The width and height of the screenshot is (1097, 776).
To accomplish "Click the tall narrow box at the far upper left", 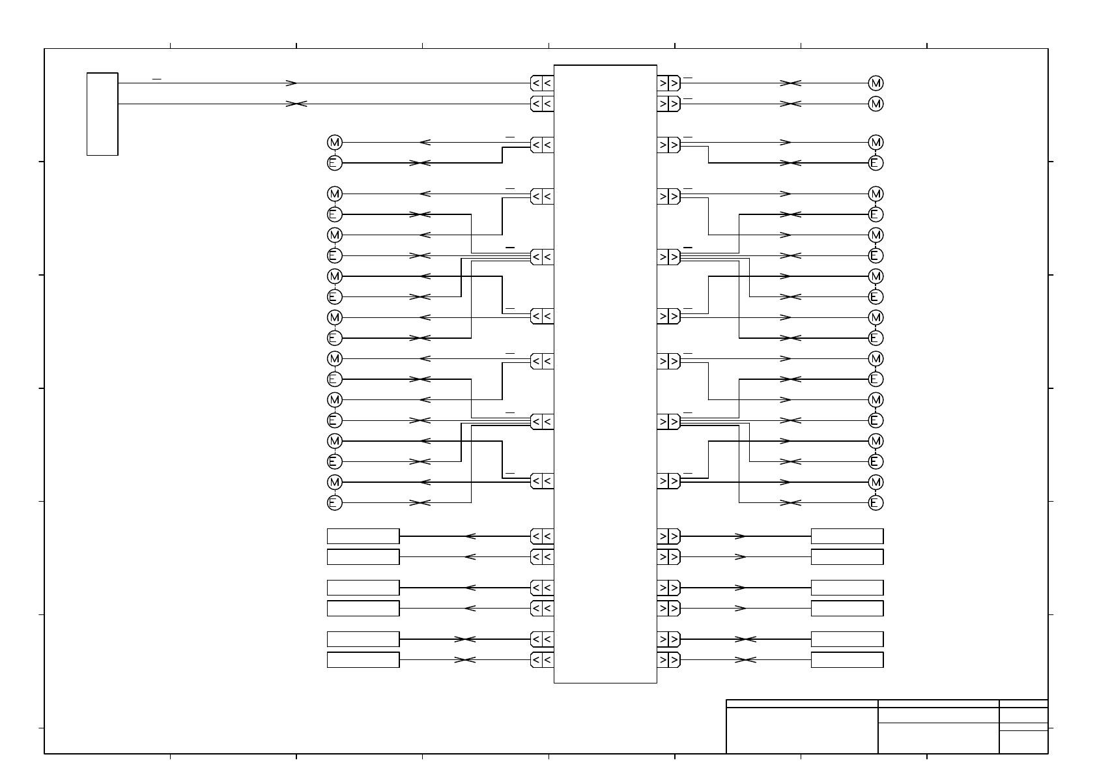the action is tap(102, 114).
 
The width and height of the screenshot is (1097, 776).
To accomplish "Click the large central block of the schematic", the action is tap(605, 373).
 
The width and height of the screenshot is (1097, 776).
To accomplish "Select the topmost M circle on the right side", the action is tap(876, 83).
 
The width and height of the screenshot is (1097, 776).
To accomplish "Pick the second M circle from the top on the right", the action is tap(876, 104).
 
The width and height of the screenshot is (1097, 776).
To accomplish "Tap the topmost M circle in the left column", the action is tap(334, 143).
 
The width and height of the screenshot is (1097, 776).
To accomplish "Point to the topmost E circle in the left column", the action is tap(334, 163).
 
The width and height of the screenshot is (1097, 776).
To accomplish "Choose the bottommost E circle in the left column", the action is tap(334, 503).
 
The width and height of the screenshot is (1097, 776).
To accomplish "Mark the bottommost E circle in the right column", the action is tap(876, 503).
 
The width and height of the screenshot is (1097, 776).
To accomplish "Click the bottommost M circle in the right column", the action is tap(876, 482).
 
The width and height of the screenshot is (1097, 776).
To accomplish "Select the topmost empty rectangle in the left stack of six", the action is tap(363, 536).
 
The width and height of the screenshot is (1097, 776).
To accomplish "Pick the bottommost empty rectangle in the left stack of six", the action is tap(363, 660).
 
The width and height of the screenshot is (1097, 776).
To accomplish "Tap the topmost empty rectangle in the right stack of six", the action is tap(847, 536).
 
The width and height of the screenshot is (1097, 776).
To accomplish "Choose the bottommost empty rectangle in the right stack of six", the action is tap(847, 660).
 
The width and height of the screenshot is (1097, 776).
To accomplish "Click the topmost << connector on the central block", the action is tap(542, 83).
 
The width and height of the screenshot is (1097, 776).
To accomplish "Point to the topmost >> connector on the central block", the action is tap(668, 83).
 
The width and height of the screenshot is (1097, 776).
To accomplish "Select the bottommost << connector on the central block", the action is tap(542, 660).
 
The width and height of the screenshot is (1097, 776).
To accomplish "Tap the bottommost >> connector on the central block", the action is tap(668, 660).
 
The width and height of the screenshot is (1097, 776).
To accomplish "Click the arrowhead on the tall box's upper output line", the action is tap(292, 83).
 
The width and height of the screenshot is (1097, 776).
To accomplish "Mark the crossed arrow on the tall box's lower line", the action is tap(296, 104).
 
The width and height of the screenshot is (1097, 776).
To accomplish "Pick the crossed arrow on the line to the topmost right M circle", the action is tap(790, 83).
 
